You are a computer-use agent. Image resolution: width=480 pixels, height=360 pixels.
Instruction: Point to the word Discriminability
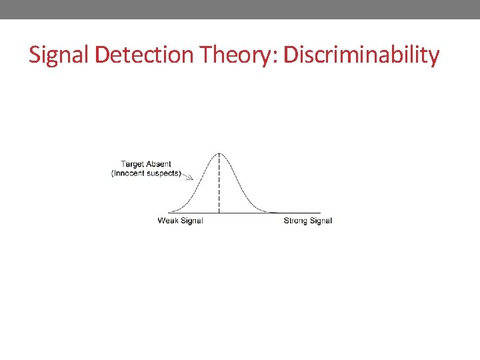click(x=361, y=55)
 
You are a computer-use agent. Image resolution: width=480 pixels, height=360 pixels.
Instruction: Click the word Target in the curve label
click(x=133, y=164)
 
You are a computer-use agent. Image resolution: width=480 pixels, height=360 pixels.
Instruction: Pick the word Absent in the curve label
click(x=159, y=164)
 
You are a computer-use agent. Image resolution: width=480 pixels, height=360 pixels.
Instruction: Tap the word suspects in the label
click(x=164, y=173)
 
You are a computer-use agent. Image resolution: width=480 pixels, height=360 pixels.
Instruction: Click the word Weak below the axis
click(x=168, y=221)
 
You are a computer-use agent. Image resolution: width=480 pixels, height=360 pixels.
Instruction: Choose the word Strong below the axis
click(x=296, y=221)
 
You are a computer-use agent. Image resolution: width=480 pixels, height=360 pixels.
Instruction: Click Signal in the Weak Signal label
click(x=191, y=221)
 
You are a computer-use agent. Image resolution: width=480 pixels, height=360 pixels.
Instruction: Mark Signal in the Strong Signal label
click(x=321, y=221)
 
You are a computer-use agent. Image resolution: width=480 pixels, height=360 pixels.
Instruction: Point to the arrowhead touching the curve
click(x=191, y=177)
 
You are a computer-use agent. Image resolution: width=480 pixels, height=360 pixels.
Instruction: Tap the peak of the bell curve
click(x=219, y=153)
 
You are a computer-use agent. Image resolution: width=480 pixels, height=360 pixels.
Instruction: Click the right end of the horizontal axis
click(x=319, y=213)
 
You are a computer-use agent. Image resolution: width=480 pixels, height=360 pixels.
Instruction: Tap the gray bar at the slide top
click(x=240, y=9)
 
